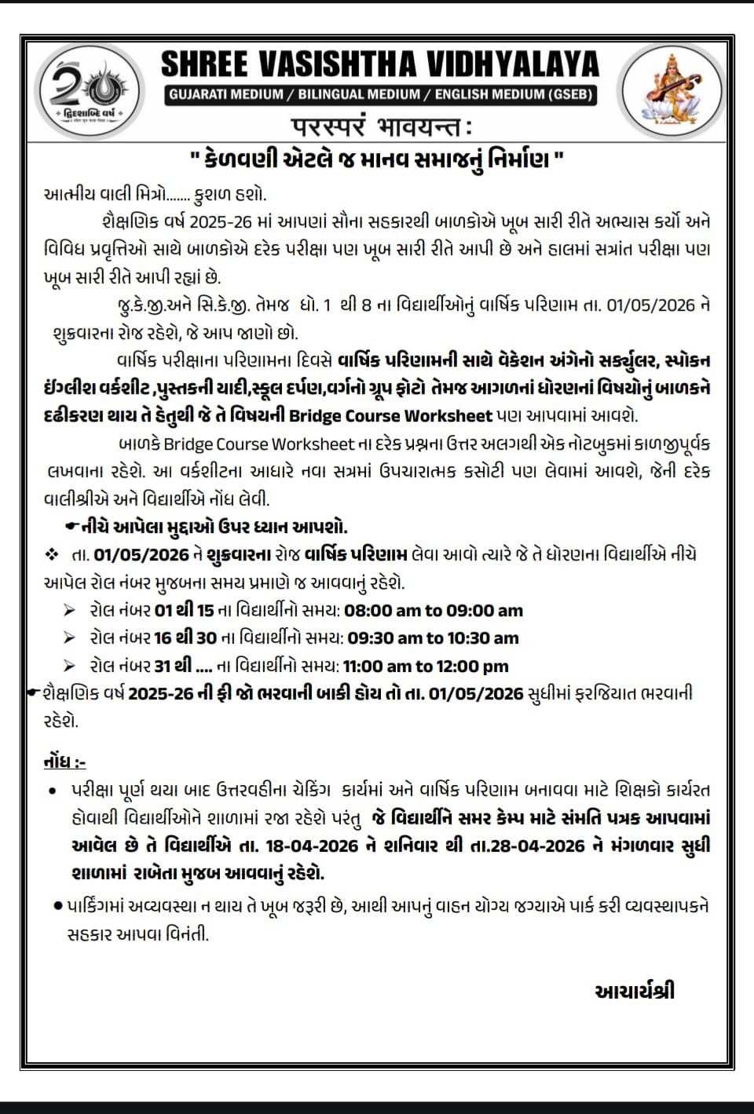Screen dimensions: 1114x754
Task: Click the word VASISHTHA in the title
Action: click(344, 63)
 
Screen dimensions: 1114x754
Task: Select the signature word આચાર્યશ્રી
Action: click(635, 990)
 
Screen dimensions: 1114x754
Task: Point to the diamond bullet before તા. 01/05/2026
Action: click(53, 555)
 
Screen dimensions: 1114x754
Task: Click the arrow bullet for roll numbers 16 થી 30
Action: click(70, 638)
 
